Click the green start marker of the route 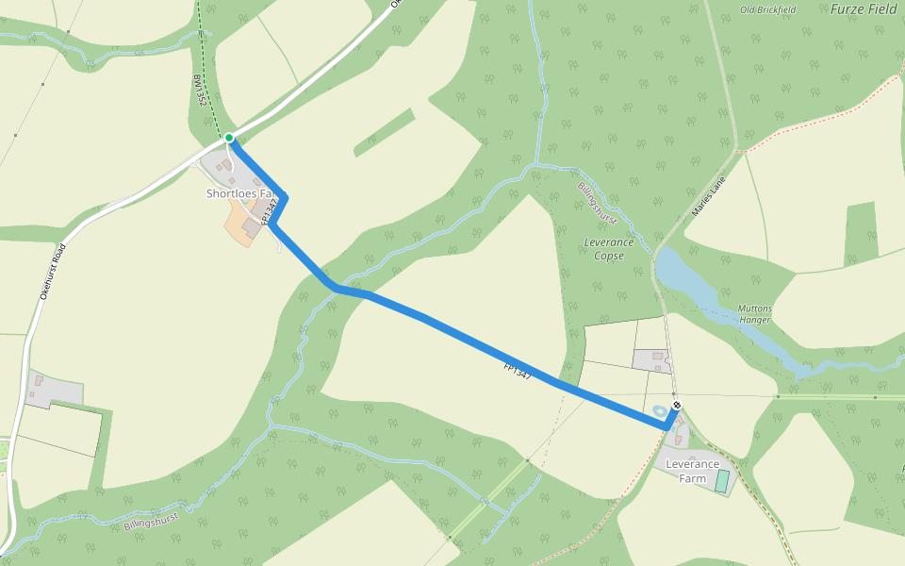click(x=229, y=138)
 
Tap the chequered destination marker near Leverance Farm click(x=676, y=406)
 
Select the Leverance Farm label click(x=692, y=471)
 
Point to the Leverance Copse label click(x=604, y=248)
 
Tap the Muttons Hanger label click(x=754, y=314)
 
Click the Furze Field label click(x=863, y=9)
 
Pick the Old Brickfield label click(x=767, y=9)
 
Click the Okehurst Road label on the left click(x=52, y=272)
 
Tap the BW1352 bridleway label click(x=199, y=91)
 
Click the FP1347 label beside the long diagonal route click(x=518, y=371)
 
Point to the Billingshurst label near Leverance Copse click(x=597, y=204)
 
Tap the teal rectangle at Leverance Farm click(x=722, y=481)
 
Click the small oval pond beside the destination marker click(x=659, y=411)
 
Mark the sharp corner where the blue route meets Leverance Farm click(x=667, y=427)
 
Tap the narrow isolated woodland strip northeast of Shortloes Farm click(x=385, y=132)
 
